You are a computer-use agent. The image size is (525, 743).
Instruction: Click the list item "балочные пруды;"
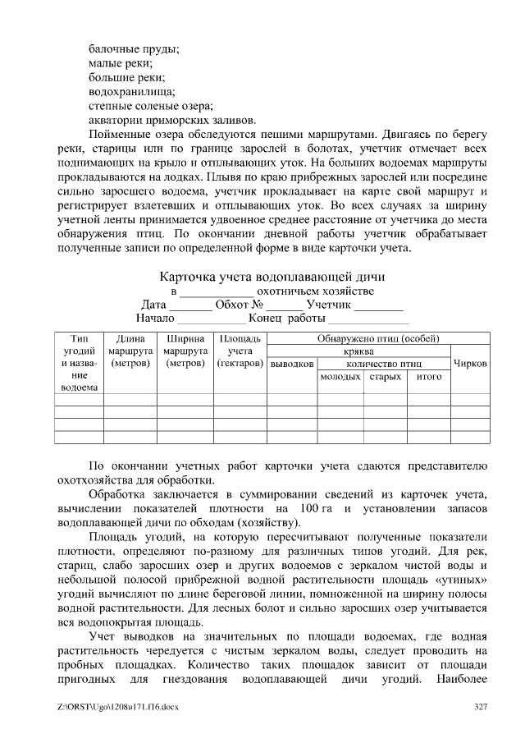coord(134,48)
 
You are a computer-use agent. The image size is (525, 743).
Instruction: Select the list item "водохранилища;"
coord(131,91)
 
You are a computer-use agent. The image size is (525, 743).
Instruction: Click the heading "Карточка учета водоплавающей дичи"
coord(272,277)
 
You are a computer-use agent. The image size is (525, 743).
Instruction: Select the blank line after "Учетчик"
coord(378,307)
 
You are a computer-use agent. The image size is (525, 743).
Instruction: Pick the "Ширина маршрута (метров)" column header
coord(185,351)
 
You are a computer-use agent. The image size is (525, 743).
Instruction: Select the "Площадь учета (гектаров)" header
coord(239,351)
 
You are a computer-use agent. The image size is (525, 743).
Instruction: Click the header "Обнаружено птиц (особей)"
coord(378,338)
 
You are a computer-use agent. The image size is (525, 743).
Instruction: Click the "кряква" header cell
coord(359,351)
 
